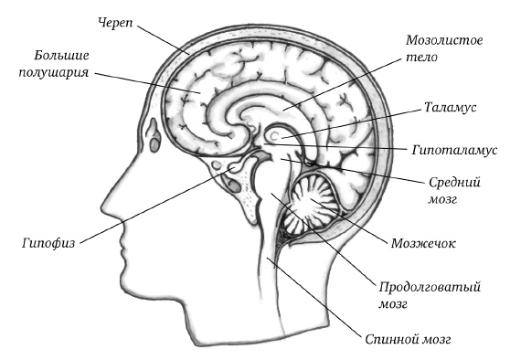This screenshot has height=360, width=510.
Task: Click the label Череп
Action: (x=115, y=24)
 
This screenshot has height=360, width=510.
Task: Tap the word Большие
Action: (x=61, y=56)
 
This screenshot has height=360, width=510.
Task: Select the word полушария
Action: (x=54, y=72)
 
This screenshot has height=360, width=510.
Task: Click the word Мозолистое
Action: (x=444, y=40)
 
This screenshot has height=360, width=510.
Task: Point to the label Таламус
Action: (x=451, y=107)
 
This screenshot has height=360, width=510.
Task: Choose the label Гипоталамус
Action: (x=454, y=150)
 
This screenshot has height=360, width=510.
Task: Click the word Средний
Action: (x=454, y=182)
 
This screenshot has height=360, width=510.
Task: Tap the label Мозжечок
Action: (x=423, y=243)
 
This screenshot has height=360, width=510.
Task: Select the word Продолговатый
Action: (x=430, y=288)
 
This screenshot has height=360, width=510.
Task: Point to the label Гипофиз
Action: (x=48, y=243)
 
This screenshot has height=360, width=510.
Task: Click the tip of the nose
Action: (x=102, y=207)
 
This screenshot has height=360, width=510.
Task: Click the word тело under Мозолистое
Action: (x=422, y=58)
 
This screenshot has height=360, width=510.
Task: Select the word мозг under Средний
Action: (x=442, y=199)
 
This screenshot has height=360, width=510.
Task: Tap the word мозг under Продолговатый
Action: (x=393, y=304)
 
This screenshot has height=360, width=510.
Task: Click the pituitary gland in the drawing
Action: (x=235, y=168)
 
